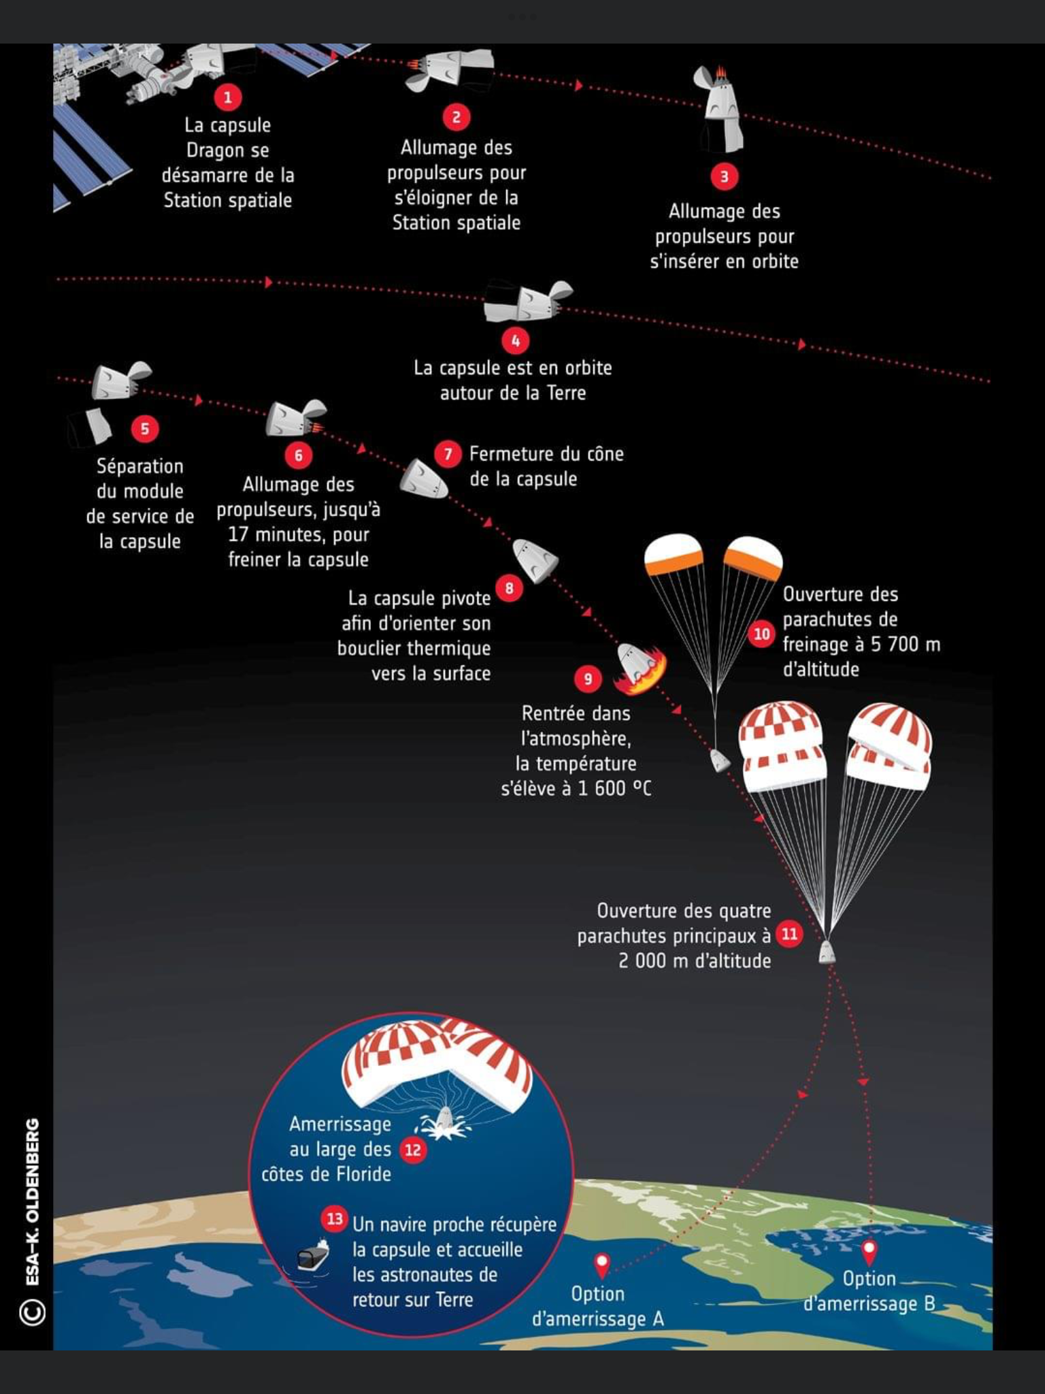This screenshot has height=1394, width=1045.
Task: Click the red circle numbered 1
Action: pyautogui.click(x=228, y=97)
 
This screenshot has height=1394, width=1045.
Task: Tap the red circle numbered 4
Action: pyautogui.click(x=515, y=340)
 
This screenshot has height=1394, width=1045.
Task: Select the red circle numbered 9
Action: pyautogui.click(x=588, y=678)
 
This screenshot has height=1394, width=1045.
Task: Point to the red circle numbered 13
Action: pyautogui.click(x=334, y=1218)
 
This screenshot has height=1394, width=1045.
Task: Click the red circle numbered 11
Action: pyautogui.click(x=789, y=934)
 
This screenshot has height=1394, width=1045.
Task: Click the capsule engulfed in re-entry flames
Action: pyautogui.click(x=640, y=667)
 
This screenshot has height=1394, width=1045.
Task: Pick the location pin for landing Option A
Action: pyautogui.click(x=601, y=1265)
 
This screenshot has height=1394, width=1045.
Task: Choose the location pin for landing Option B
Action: pyautogui.click(x=869, y=1250)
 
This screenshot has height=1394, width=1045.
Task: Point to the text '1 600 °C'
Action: pyautogui.click(x=614, y=788)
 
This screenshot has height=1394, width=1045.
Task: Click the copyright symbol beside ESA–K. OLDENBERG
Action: pyautogui.click(x=33, y=1312)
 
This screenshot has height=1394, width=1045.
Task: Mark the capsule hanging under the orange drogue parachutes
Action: pyautogui.click(x=719, y=760)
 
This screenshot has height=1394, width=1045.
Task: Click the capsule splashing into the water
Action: pyautogui.click(x=444, y=1120)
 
